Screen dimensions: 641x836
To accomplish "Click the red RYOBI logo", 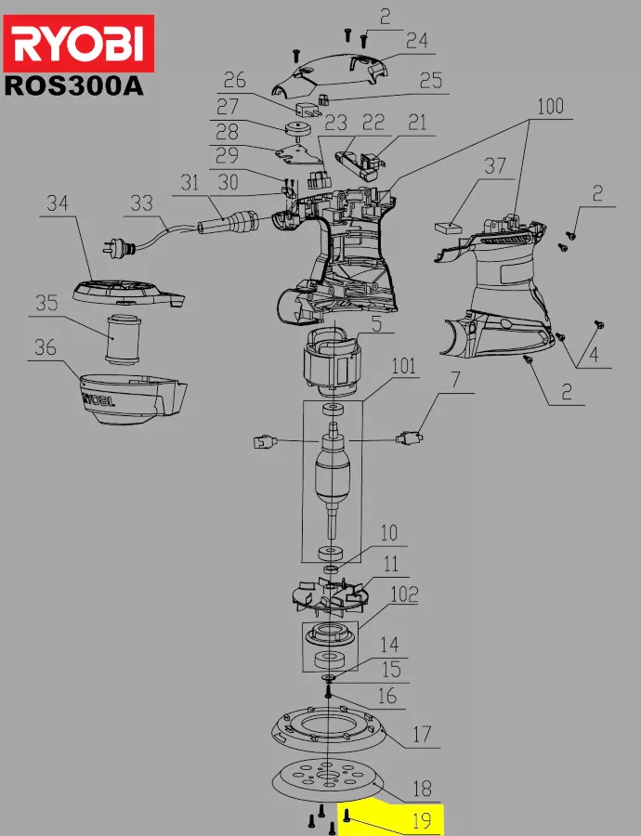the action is pyautogui.click(x=79, y=43).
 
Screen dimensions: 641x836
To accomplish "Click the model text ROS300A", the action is pyautogui.click(x=73, y=85).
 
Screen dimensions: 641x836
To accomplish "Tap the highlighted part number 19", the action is pyautogui.click(x=421, y=820).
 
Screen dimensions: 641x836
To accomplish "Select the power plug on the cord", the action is pyautogui.click(x=117, y=246).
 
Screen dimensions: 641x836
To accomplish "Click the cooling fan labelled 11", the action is pyautogui.click(x=330, y=596).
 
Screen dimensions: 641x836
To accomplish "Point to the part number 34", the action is pyautogui.click(x=58, y=203).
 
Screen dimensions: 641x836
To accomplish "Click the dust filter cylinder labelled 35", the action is pyautogui.click(x=123, y=339).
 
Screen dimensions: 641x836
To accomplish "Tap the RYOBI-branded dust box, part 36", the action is pyautogui.click(x=133, y=398).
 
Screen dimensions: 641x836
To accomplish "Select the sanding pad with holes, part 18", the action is pyautogui.click(x=328, y=781).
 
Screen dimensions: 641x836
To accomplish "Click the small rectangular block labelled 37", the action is pyautogui.click(x=449, y=228).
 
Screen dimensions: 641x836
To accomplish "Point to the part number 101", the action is pyautogui.click(x=404, y=366).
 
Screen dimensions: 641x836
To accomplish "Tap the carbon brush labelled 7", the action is pyautogui.click(x=409, y=438).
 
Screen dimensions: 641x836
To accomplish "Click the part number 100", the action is pyautogui.click(x=550, y=107).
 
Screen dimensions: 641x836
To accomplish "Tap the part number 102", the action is pyautogui.click(x=404, y=594).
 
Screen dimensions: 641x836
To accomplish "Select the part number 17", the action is pyautogui.click(x=421, y=734).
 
